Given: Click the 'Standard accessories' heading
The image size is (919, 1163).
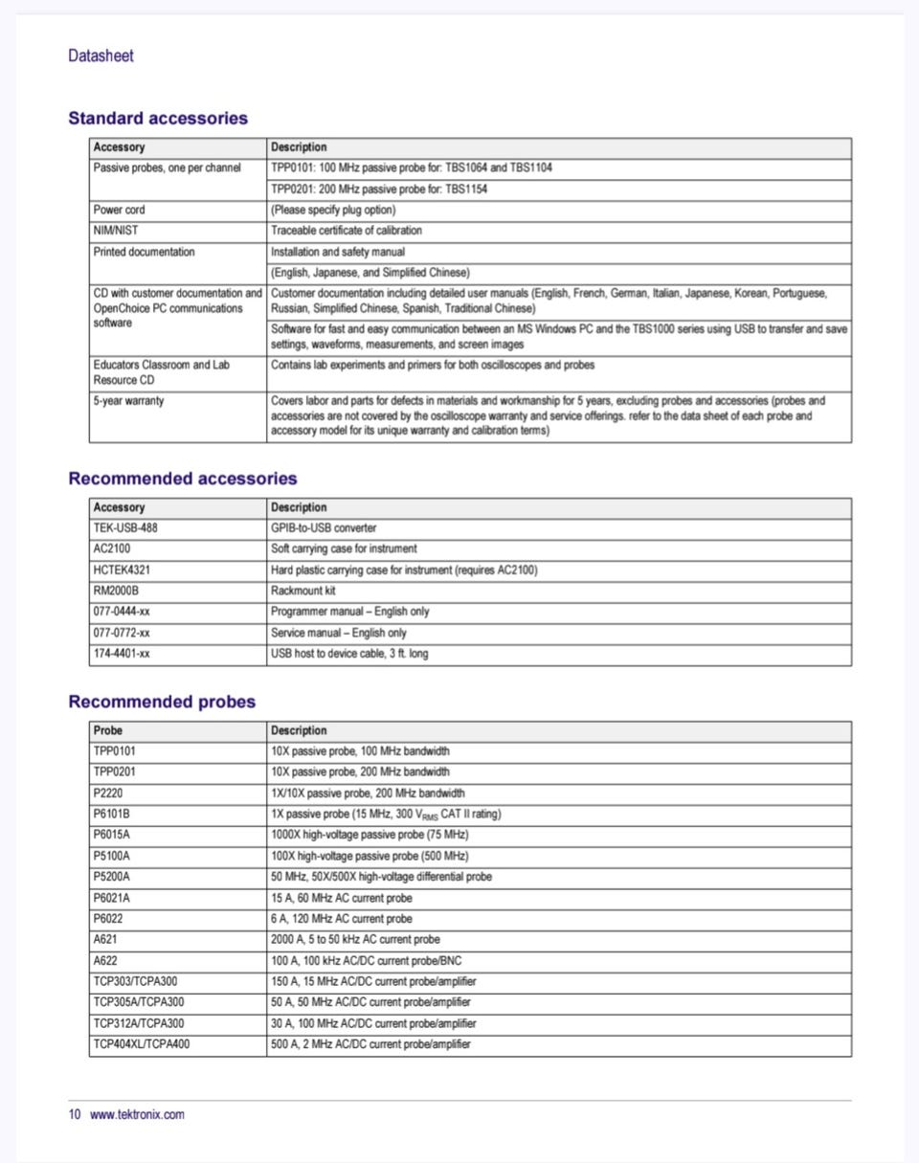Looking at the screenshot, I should [x=158, y=119].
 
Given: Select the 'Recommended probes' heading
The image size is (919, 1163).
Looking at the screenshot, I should [x=162, y=702].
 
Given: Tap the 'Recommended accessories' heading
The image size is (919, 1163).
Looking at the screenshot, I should [x=183, y=479].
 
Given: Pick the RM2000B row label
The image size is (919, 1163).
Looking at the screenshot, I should [x=117, y=591].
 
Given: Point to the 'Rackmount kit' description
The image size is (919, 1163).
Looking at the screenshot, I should [x=303, y=591].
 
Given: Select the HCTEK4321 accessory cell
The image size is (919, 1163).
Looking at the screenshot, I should [x=122, y=570].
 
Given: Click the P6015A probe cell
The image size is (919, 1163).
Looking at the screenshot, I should [x=112, y=835].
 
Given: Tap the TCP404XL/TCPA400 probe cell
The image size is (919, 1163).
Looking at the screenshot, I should [x=141, y=1044].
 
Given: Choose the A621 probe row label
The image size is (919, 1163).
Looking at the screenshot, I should [x=106, y=939].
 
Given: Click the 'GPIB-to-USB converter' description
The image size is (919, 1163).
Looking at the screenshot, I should [x=324, y=527].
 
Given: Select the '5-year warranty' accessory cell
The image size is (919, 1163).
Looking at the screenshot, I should [x=128, y=401].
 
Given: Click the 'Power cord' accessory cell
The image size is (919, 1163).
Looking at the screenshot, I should [x=120, y=210].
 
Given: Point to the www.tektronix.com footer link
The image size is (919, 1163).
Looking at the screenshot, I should [x=137, y=1114].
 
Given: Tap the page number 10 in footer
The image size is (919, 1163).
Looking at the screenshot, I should [x=75, y=1114].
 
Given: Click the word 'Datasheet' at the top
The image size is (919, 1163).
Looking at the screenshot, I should [x=101, y=56].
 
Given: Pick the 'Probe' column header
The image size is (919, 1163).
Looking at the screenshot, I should [x=108, y=730].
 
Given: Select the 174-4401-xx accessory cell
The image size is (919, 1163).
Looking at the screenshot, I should [x=122, y=654].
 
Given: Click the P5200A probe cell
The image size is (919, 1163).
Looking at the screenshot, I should [x=112, y=877].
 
